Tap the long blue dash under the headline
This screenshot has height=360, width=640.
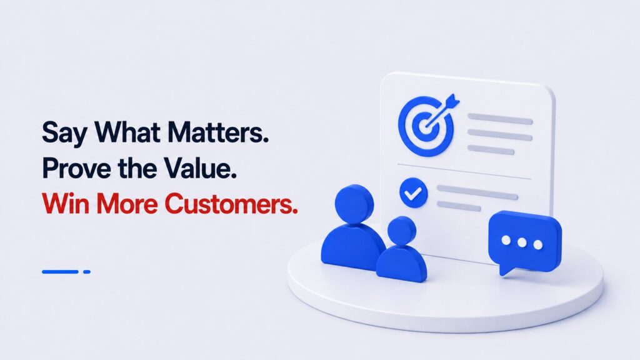pyautogui.click(x=60, y=271)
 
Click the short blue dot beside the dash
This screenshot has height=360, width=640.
pyautogui.click(x=86, y=271)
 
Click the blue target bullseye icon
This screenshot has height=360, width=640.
pyautogui.click(x=426, y=124)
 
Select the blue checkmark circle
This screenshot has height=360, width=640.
pyautogui.click(x=414, y=193)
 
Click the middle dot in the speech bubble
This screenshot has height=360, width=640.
pyautogui.click(x=522, y=243)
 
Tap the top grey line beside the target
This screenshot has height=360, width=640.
pyautogui.click(x=500, y=119)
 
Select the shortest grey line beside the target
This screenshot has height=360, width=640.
pyautogui.click(x=491, y=150)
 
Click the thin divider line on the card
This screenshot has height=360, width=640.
pyautogui.click(x=464, y=171)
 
